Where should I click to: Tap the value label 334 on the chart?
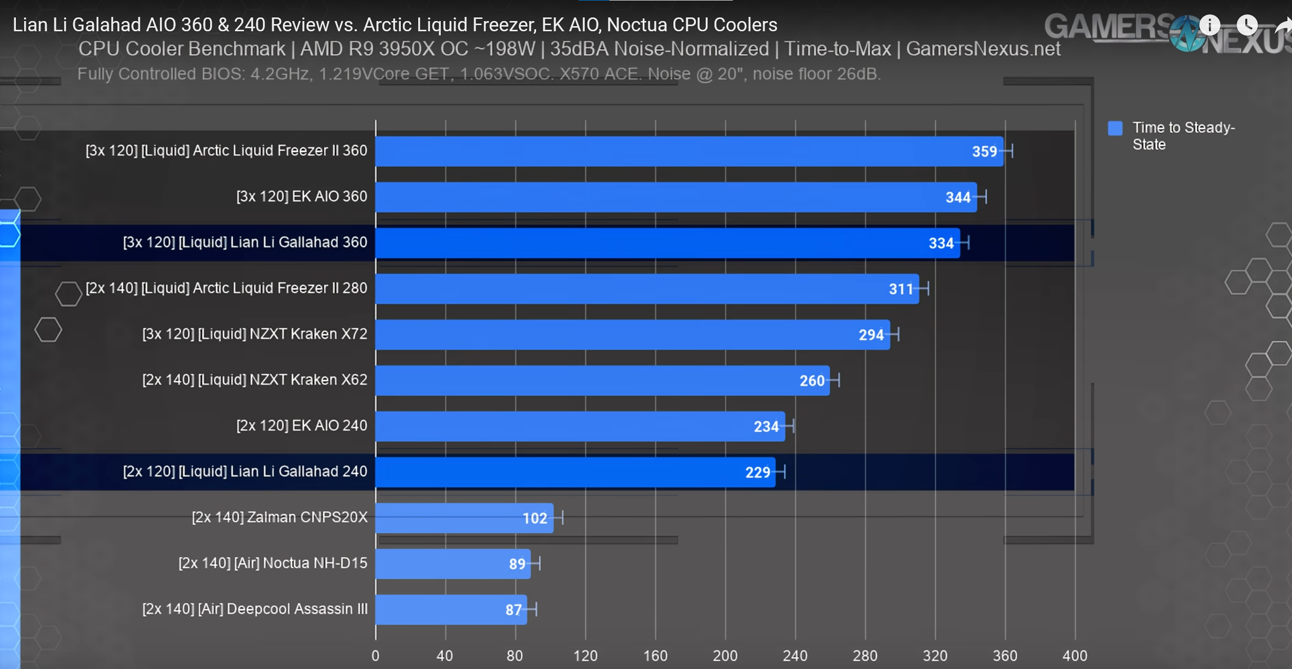point(941,243)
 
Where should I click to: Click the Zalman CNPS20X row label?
point(279,517)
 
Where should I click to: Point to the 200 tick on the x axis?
point(725,656)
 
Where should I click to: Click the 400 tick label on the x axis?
point(1075,656)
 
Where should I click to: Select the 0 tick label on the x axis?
point(376,656)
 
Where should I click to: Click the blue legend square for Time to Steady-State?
point(1115,128)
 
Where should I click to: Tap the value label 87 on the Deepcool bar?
point(513,610)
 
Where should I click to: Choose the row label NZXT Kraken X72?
point(255,334)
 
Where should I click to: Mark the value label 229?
point(757,472)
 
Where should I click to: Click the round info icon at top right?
point(1209,25)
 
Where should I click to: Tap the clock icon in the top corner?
point(1247,25)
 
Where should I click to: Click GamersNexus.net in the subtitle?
point(983,49)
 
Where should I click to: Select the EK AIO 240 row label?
point(301,425)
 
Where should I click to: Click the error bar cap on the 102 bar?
point(563,518)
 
